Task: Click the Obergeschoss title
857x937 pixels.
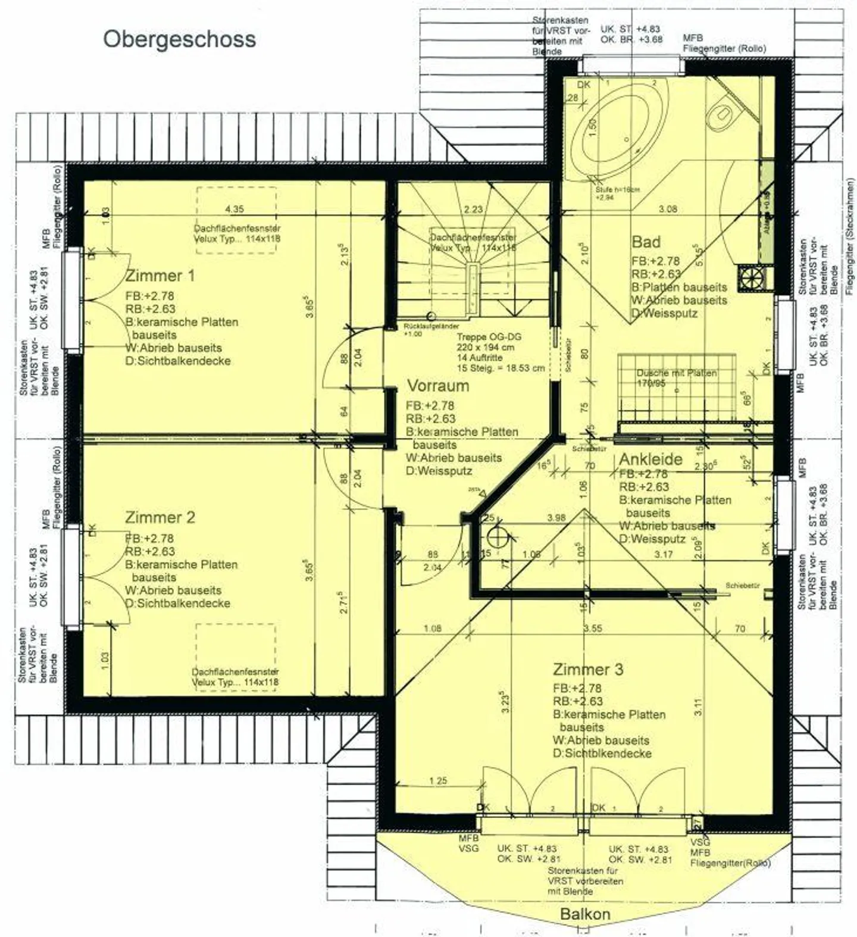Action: click(179, 39)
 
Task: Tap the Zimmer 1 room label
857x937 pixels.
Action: click(159, 276)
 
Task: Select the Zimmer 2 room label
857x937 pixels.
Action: click(159, 517)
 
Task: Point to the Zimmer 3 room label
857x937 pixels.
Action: click(587, 669)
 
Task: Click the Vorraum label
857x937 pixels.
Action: click(437, 386)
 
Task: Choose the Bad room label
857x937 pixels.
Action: click(646, 242)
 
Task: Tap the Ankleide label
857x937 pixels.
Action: click(650, 460)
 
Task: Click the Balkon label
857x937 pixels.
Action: click(585, 914)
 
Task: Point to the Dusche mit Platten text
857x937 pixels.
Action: click(677, 373)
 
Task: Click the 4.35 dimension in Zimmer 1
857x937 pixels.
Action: click(234, 209)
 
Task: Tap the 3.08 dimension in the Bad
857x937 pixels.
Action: click(668, 209)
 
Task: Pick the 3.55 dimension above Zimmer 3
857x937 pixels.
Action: click(592, 628)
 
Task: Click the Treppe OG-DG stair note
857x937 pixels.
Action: click(489, 337)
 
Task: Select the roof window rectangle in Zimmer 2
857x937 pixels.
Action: click(236, 658)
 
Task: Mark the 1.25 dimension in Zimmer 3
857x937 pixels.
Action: click(437, 780)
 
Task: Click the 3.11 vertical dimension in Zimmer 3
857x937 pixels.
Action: click(698, 707)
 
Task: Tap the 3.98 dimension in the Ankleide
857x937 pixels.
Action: click(556, 518)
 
